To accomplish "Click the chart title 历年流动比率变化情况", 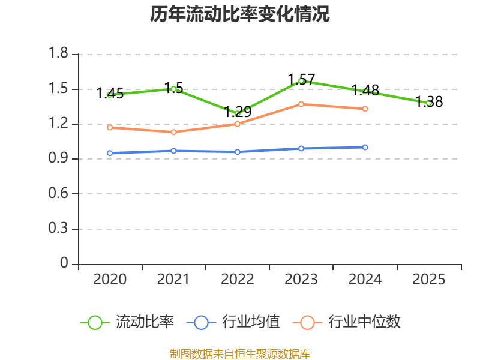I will click(240, 14).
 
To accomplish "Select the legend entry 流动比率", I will click(127, 322).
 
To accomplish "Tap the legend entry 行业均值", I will click(233, 322).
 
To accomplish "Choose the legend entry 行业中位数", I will click(347, 322).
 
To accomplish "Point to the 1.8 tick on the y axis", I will click(59, 54).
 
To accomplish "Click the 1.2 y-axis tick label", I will click(59, 124).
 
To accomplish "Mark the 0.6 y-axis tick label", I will click(59, 194).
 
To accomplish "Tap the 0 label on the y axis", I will click(65, 264).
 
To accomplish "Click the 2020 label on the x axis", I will click(110, 280).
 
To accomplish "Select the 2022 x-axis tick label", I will click(238, 280).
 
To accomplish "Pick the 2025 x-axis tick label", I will click(429, 280).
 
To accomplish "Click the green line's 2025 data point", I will click(429, 103).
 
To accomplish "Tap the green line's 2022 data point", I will click(238, 113).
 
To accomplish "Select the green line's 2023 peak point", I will click(301, 81).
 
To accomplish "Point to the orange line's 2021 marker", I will click(173, 132).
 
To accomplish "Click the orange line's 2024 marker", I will click(365, 109).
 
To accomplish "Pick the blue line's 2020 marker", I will click(110, 153).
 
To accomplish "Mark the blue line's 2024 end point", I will click(365, 147).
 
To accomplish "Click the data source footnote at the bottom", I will click(240, 353).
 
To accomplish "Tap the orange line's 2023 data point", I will click(301, 104).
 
